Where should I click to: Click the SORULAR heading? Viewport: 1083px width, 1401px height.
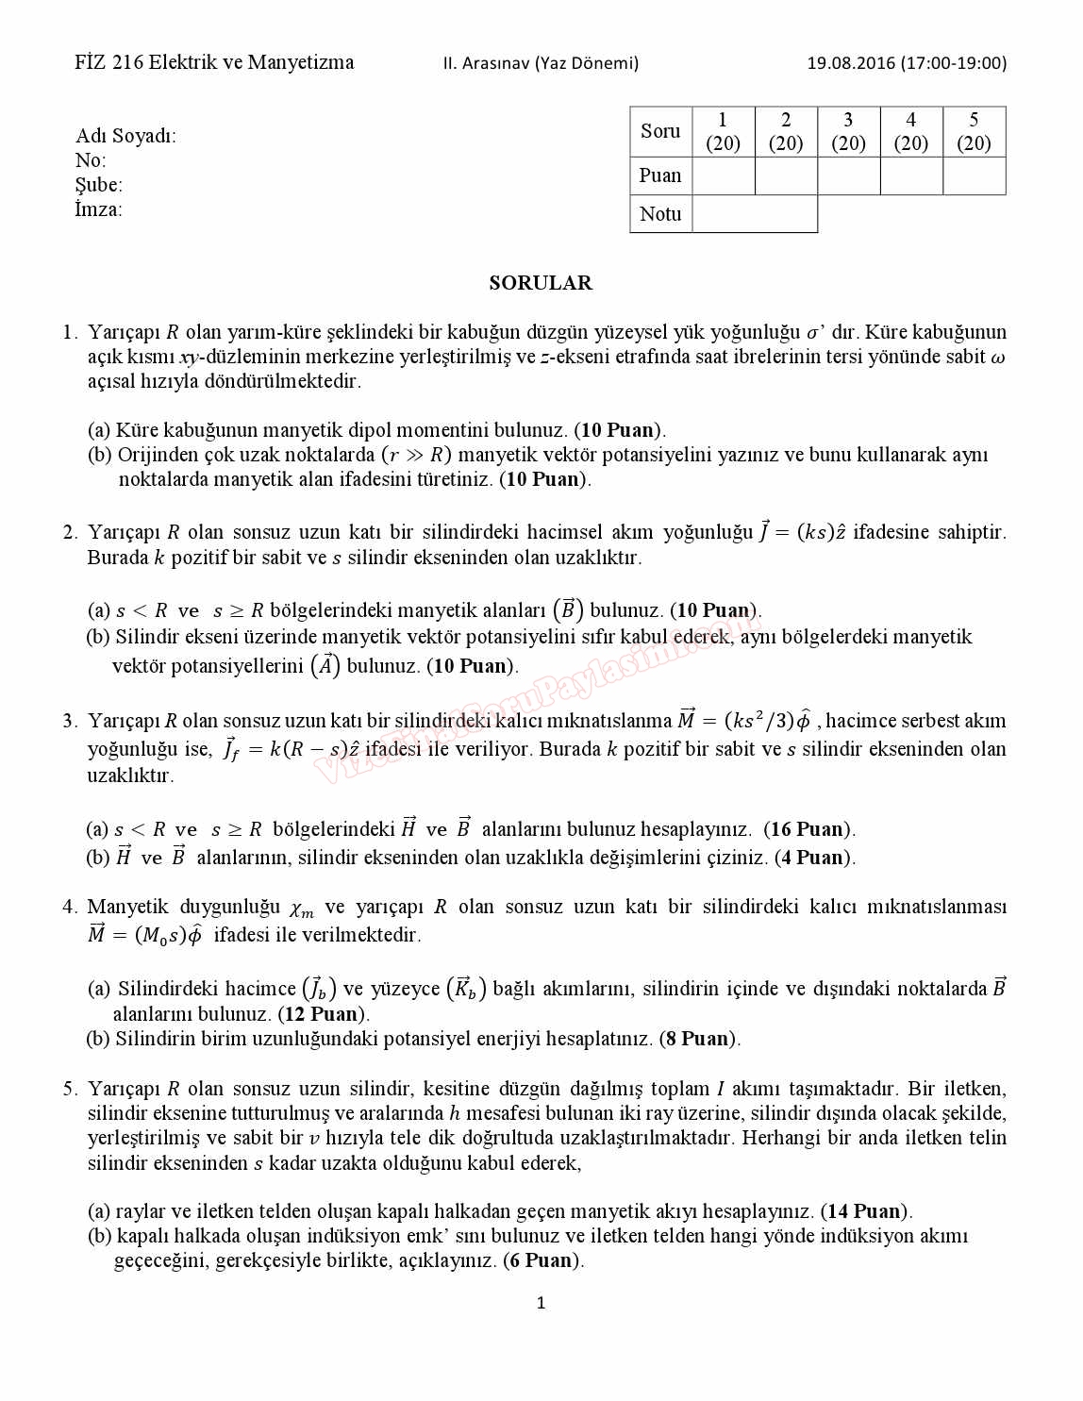(541, 283)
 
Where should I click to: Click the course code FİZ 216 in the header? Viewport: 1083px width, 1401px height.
(109, 63)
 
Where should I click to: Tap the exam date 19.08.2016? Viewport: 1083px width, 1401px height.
(850, 63)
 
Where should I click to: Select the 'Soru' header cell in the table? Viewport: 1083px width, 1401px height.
(660, 131)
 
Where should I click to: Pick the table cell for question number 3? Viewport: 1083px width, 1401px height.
(848, 131)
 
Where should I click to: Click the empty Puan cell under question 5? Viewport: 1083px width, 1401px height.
(974, 175)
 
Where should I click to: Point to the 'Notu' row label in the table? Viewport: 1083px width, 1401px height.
(660, 214)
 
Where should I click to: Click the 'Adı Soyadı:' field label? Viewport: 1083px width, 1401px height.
(125, 136)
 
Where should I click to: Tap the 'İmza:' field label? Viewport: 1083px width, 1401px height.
(98, 209)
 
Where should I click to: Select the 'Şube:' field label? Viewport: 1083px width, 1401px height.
(99, 185)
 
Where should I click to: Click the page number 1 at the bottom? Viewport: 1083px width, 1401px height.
(541, 1303)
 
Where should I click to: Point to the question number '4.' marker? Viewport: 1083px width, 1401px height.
(70, 907)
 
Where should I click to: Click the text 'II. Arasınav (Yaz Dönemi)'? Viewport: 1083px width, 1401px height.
(541, 63)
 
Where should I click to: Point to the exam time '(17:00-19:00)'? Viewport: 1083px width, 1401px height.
(954, 63)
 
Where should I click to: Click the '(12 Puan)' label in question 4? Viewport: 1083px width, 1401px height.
(324, 1014)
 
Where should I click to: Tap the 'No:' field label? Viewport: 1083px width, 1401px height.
(91, 160)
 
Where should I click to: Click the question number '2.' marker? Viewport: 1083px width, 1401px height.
(70, 532)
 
